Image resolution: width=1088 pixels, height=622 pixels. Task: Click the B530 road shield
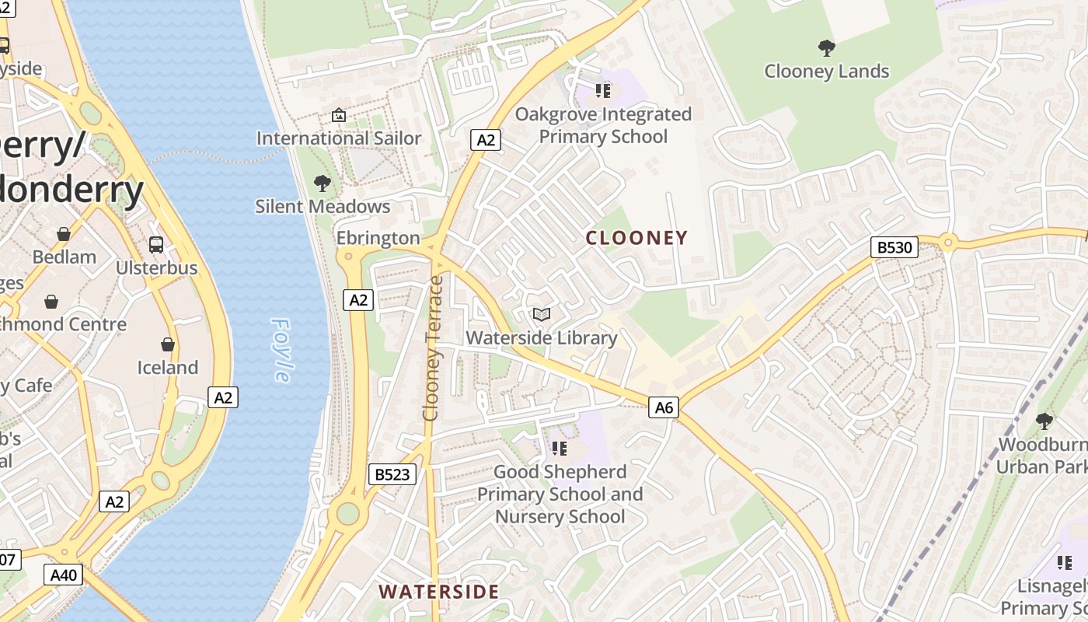click(894, 248)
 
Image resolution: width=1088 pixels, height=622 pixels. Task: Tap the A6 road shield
click(664, 407)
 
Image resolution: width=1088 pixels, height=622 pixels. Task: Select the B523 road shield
click(392, 474)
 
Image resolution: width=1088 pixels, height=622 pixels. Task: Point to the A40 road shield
click(63, 575)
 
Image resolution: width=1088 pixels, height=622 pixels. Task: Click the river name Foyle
click(281, 350)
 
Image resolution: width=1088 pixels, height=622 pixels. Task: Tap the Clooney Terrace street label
click(432, 348)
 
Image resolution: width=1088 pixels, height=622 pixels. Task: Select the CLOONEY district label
click(636, 238)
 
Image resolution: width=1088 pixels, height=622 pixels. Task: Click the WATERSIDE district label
click(439, 591)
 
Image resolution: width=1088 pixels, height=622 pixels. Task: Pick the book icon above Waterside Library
click(542, 315)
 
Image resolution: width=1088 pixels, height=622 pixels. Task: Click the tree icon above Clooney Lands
click(826, 48)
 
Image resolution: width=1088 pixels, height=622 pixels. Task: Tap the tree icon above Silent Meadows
click(322, 183)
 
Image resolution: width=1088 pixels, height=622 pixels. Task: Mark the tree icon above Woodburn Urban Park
click(1044, 421)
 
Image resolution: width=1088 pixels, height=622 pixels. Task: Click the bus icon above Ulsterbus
click(156, 245)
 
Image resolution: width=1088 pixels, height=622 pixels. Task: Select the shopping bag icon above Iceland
click(167, 344)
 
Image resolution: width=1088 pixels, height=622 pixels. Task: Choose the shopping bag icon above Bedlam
click(64, 234)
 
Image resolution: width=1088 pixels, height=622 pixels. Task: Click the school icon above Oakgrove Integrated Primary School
click(603, 91)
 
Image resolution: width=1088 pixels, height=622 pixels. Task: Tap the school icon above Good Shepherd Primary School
click(560, 449)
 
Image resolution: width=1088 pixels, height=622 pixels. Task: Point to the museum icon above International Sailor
click(339, 115)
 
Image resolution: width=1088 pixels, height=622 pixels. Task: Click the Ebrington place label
click(378, 238)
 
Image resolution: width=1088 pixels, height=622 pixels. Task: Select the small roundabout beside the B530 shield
click(947, 243)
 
